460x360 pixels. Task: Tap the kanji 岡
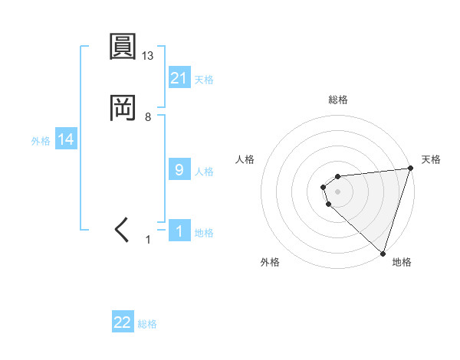pyautogui.click(x=123, y=109)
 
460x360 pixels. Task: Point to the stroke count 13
pyautogui.click(x=149, y=55)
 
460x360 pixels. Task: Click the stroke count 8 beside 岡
pyautogui.click(x=148, y=117)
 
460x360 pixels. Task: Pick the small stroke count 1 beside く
pyautogui.click(x=149, y=240)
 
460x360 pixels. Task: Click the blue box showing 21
pyautogui.click(x=179, y=78)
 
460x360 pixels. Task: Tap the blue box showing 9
pyautogui.click(x=179, y=170)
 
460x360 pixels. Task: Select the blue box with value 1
pyautogui.click(x=179, y=231)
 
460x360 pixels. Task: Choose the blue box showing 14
pyautogui.click(x=66, y=139)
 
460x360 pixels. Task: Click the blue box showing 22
pyautogui.click(x=123, y=322)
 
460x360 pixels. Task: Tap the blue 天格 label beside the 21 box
pyautogui.click(x=204, y=79)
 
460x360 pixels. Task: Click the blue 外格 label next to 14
pyautogui.click(x=41, y=140)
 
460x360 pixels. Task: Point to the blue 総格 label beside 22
pyautogui.click(x=147, y=324)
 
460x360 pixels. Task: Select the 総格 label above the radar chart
pyautogui.click(x=337, y=100)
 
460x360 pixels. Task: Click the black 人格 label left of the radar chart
pyautogui.click(x=245, y=159)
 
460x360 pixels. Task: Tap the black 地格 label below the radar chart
pyautogui.click(x=402, y=262)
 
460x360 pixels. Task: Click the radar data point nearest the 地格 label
pyautogui.click(x=383, y=253)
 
